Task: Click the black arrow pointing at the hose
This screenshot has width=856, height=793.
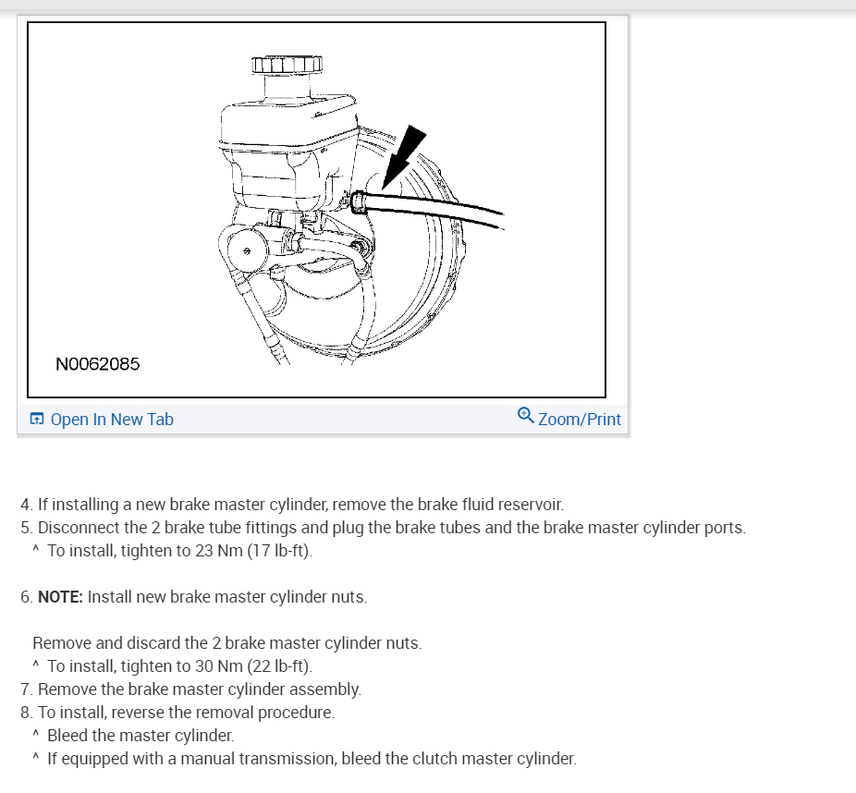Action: (x=403, y=157)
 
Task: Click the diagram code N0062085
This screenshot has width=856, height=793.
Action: (x=97, y=364)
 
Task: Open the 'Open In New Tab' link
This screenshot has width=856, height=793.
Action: (x=112, y=420)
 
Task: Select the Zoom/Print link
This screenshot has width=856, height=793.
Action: (x=580, y=420)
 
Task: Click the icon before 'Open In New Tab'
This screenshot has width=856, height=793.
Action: (x=37, y=420)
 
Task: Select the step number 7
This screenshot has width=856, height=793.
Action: (x=26, y=689)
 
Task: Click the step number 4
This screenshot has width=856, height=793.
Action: (x=26, y=506)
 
